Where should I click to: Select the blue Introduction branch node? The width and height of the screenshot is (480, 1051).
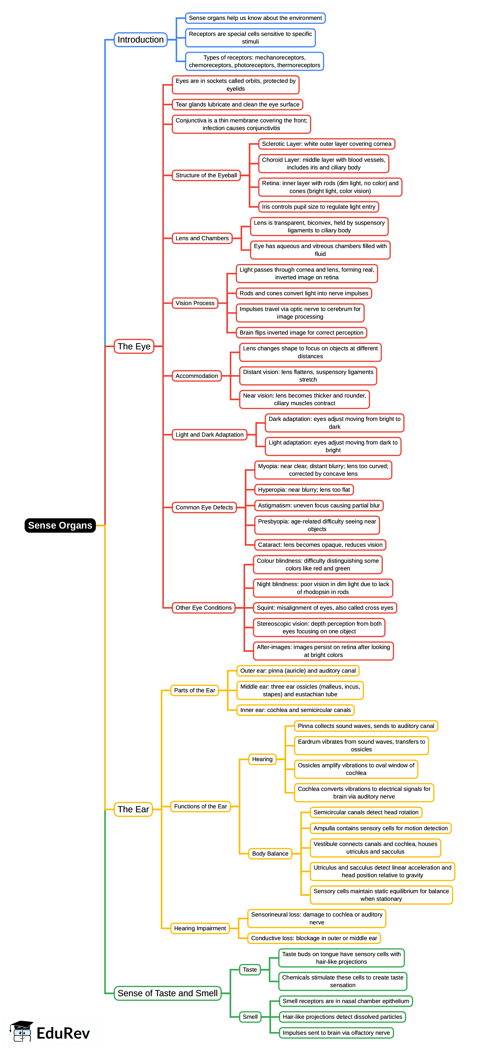click(x=140, y=40)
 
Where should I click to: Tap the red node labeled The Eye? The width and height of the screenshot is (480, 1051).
click(x=134, y=346)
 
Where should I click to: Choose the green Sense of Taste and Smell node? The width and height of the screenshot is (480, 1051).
click(x=167, y=993)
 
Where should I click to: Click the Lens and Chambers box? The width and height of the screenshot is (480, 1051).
click(x=202, y=238)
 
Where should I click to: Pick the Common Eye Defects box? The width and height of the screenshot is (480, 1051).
click(x=204, y=507)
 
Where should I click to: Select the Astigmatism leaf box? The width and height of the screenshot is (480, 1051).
click(x=319, y=505)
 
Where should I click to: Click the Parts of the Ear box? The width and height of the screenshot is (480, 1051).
click(x=194, y=690)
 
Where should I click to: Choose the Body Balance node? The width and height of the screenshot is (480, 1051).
click(x=270, y=854)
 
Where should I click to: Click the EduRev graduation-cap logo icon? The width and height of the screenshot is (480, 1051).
click(x=22, y=1031)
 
